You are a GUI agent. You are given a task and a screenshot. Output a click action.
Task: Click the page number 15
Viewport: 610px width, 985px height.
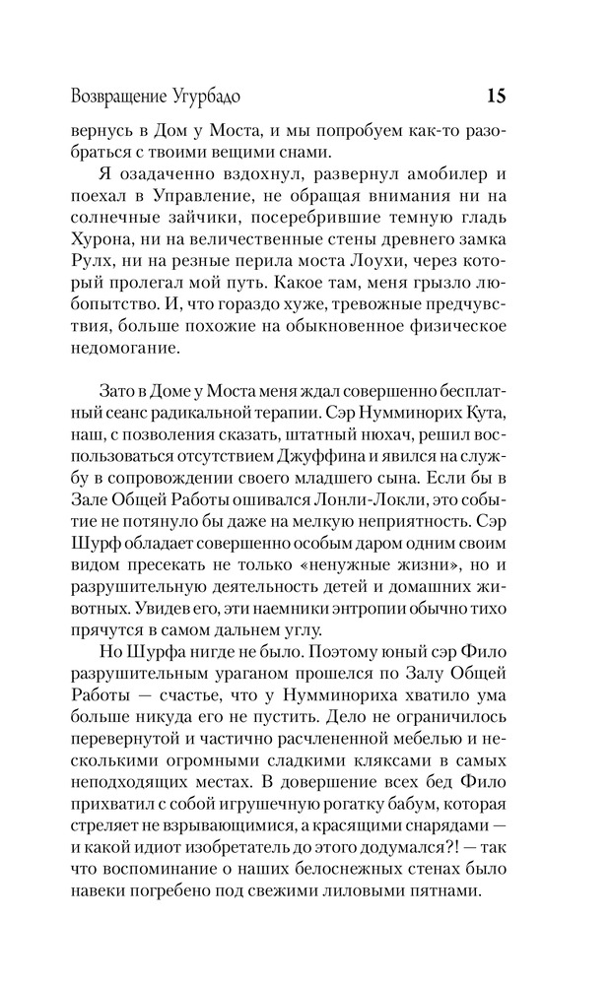point(496,96)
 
